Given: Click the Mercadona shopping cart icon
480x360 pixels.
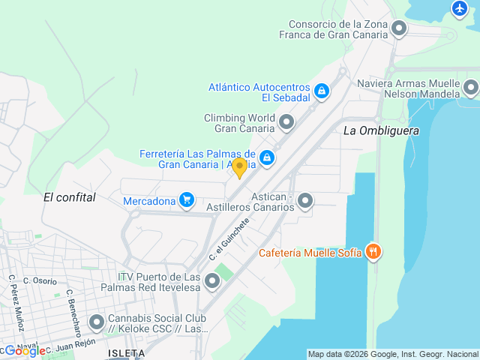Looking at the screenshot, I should coord(187,200).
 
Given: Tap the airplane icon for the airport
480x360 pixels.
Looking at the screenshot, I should coord(460,8).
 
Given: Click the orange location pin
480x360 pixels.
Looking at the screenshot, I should coord(239,167).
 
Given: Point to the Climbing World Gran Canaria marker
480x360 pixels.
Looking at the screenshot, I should coord(286,122).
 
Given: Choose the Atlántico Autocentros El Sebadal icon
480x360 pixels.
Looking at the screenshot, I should coord(321,91).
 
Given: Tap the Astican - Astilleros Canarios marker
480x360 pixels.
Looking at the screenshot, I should coord(305,201).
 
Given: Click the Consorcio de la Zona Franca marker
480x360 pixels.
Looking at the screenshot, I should coord(399,28).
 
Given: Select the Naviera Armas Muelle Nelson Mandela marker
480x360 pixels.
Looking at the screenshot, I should coord(470,88).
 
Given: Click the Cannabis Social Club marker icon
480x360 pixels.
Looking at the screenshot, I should coord(97,322).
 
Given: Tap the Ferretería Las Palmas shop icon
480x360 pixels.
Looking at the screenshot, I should coord(266,158).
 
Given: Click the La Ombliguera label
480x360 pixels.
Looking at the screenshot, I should coord(381,130).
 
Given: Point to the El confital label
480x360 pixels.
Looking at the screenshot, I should coord(70,197).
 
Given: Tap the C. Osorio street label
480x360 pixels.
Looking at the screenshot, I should coord(40,281).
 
